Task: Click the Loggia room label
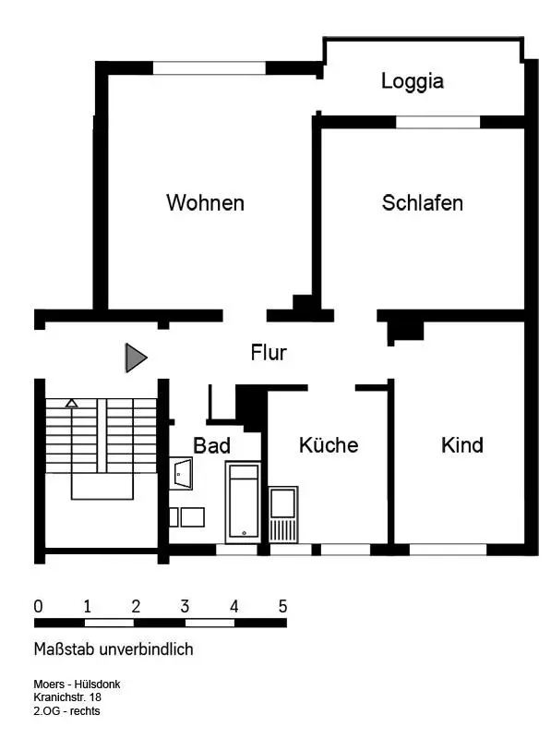pos(412,81)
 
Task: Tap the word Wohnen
pos(205,202)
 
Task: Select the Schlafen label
pos(423,202)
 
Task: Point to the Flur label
pos(269,352)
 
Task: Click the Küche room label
pos(329,445)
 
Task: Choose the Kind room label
pos(462,445)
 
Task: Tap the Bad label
pos(212,445)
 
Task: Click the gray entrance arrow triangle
pos(136,357)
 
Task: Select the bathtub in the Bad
pos(243,502)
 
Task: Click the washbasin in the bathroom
pos(181,474)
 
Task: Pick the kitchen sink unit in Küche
pos(283,515)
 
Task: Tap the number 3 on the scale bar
pos(185,606)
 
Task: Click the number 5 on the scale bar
pos(282,606)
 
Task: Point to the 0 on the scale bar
pos(38,606)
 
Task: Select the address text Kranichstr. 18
pos(67,697)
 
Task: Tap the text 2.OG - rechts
pos(66,710)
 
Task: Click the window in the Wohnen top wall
pos(210,67)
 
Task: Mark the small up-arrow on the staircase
pos(72,403)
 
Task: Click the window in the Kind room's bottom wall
pos(448,550)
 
